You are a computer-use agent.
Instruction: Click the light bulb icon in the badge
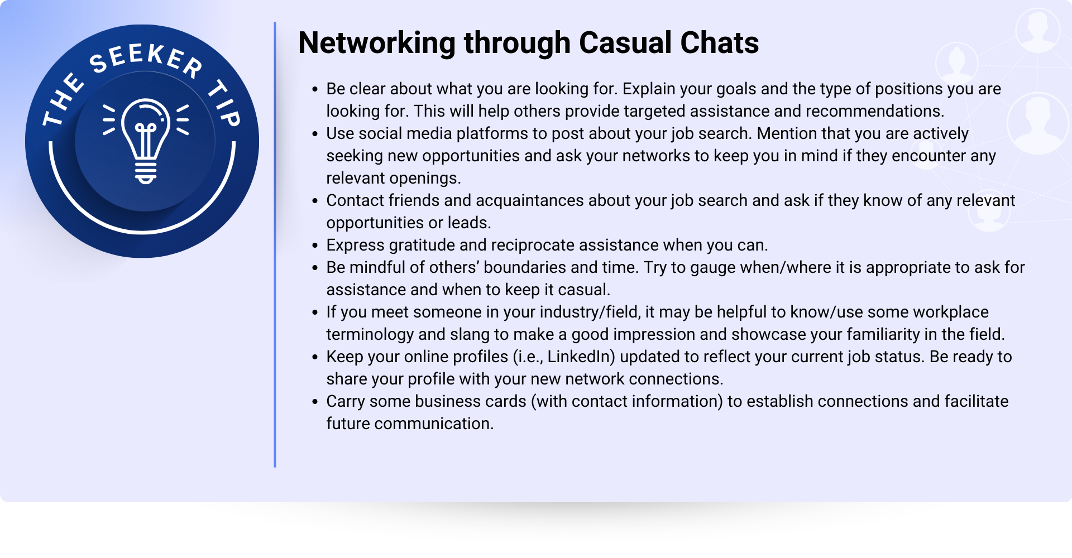pyautogui.click(x=146, y=141)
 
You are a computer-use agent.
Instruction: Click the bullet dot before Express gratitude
pyautogui.click(x=315, y=246)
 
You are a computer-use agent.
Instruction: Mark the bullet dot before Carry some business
pyautogui.click(x=315, y=402)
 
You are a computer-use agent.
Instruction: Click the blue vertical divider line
pyautogui.click(x=275, y=244)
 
